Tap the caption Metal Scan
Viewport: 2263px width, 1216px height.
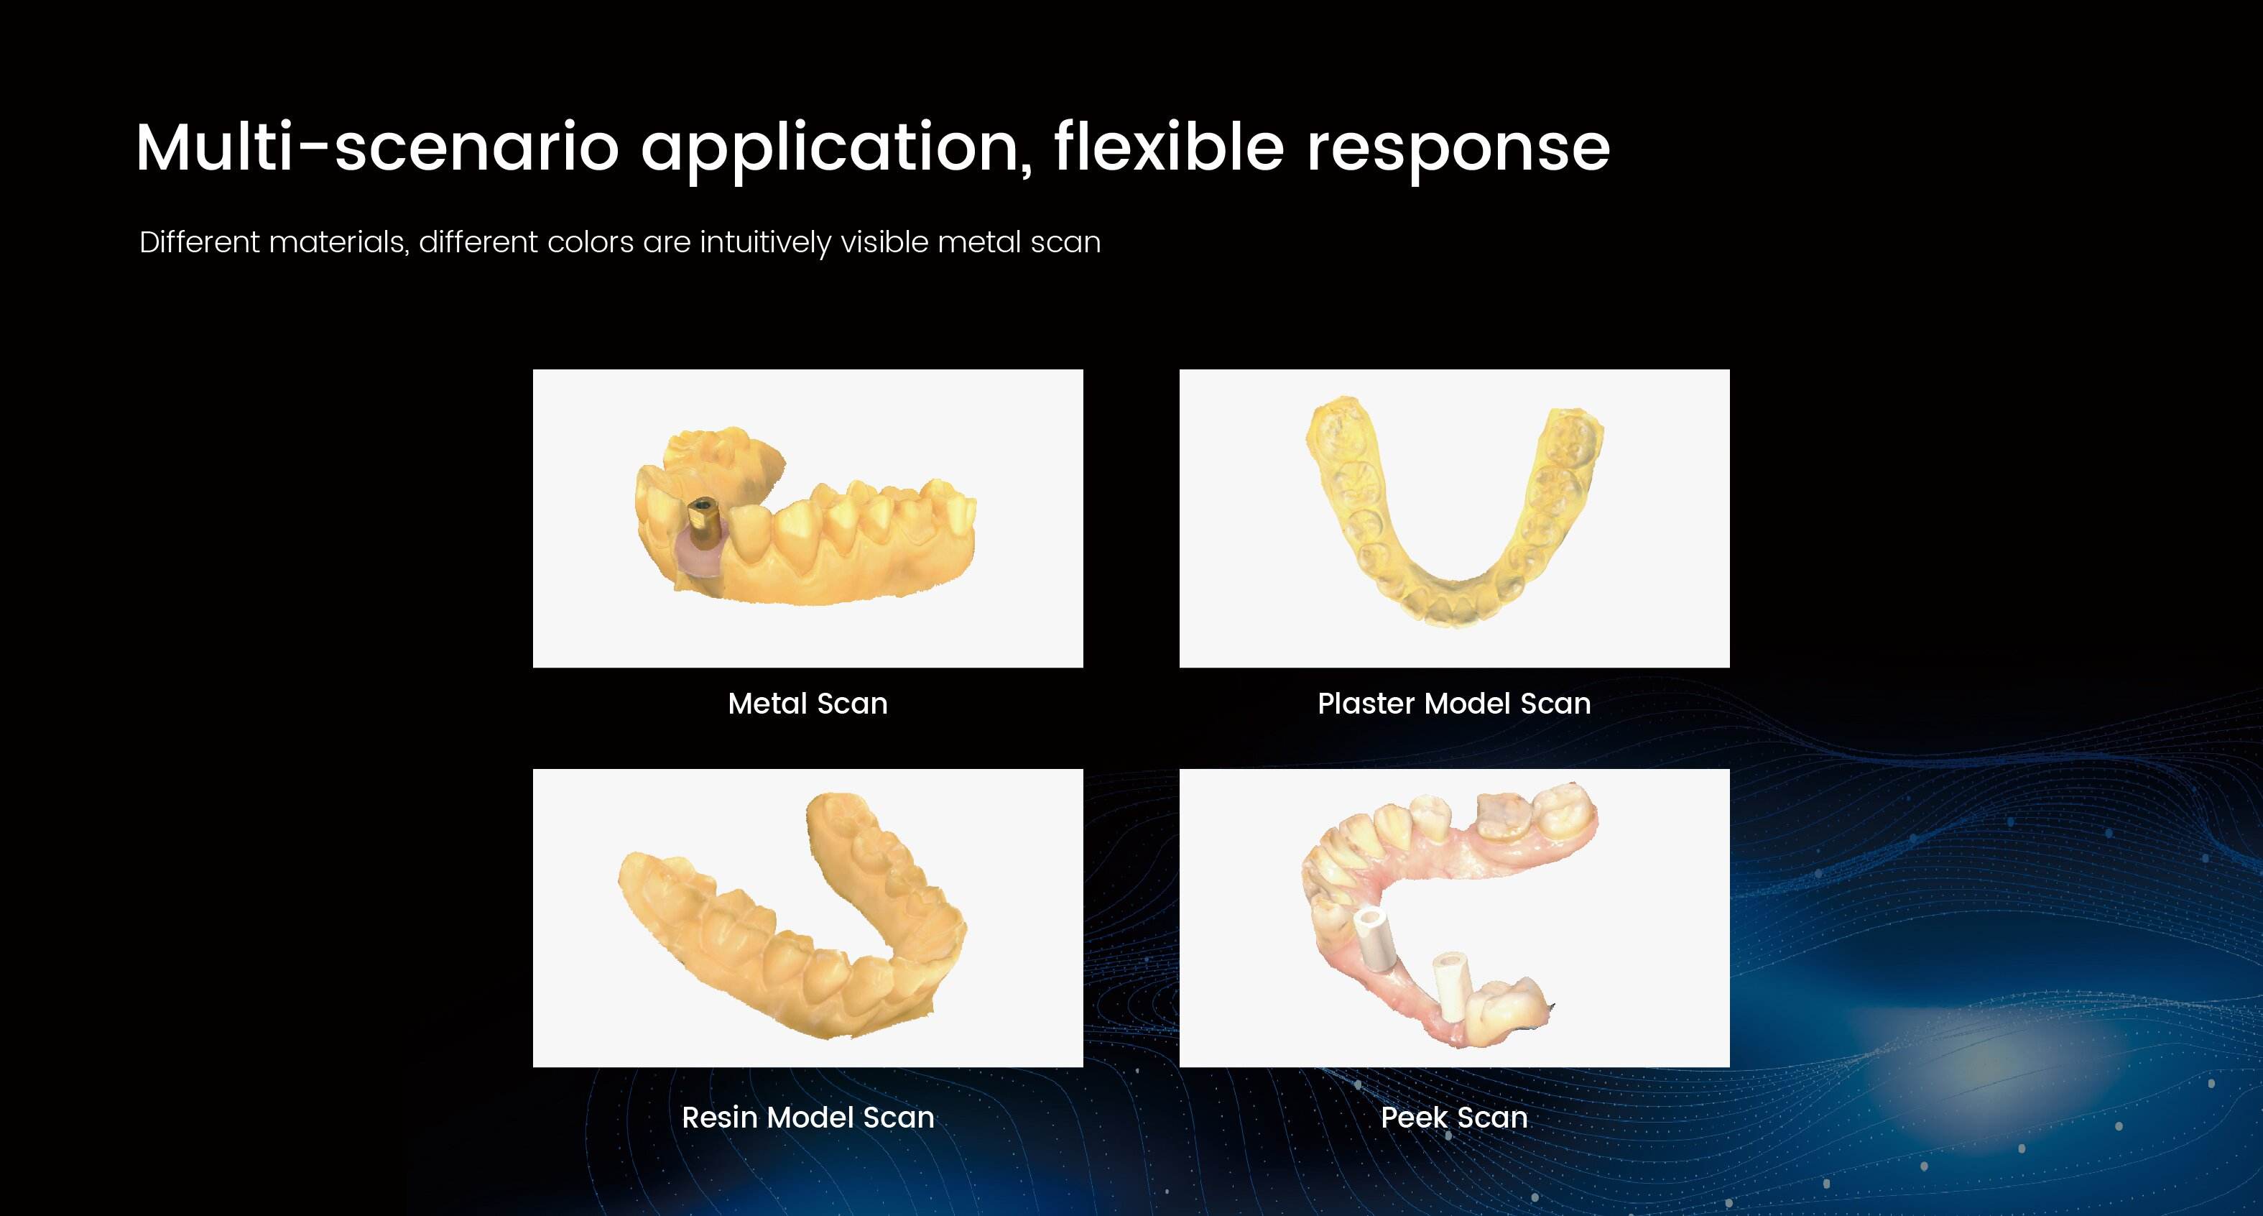pyautogui.click(x=807, y=703)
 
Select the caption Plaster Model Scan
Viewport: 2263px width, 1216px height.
pyautogui.click(x=1454, y=703)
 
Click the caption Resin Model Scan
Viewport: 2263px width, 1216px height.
pyautogui.click(x=807, y=1117)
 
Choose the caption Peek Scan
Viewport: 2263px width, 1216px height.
pyautogui.click(x=1454, y=1117)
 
